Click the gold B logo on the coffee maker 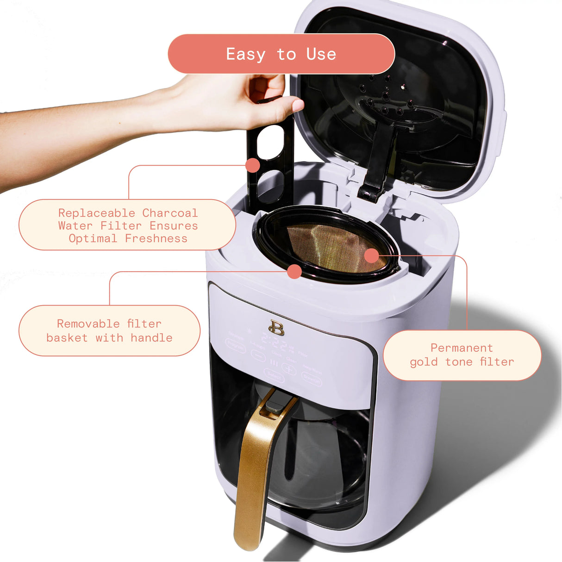click(x=276, y=328)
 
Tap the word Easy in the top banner click(x=245, y=54)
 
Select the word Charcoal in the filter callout click(x=169, y=213)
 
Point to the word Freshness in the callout click(x=156, y=238)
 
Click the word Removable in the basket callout click(x=88, y=324)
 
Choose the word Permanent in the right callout click(x=462, y=348)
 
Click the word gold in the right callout click(x=424, y=362)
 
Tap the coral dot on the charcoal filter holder click(x=253, y=165)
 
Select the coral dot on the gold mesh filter click(x=371, y=255)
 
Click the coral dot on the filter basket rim click(x=294, y=271)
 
